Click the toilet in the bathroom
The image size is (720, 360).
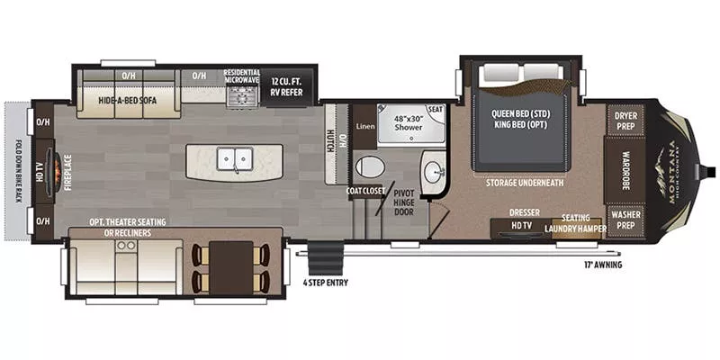point(369,166)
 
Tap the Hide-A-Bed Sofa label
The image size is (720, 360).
point(128,101)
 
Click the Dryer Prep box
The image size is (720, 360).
point(625,121)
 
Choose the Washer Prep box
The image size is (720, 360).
point(625,219)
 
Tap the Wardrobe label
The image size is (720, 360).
point(625,170)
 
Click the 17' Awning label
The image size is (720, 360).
point(602,265)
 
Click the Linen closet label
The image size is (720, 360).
point(364,127)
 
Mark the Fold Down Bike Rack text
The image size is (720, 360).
point(18,171)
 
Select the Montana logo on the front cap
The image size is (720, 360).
point(670,171)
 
